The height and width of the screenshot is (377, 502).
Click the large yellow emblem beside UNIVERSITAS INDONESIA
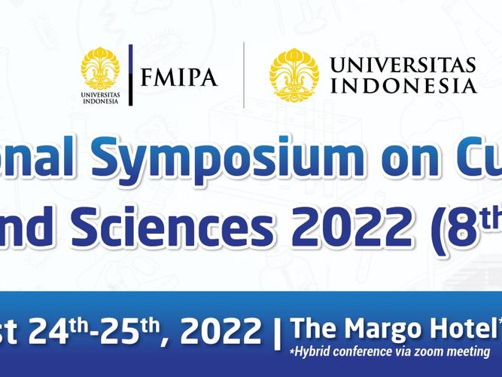[x=294, y=74]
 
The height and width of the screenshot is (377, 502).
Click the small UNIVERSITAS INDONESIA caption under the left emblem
[x=100, y=98]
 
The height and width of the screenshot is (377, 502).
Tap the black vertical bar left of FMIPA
[x=131, y=75]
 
